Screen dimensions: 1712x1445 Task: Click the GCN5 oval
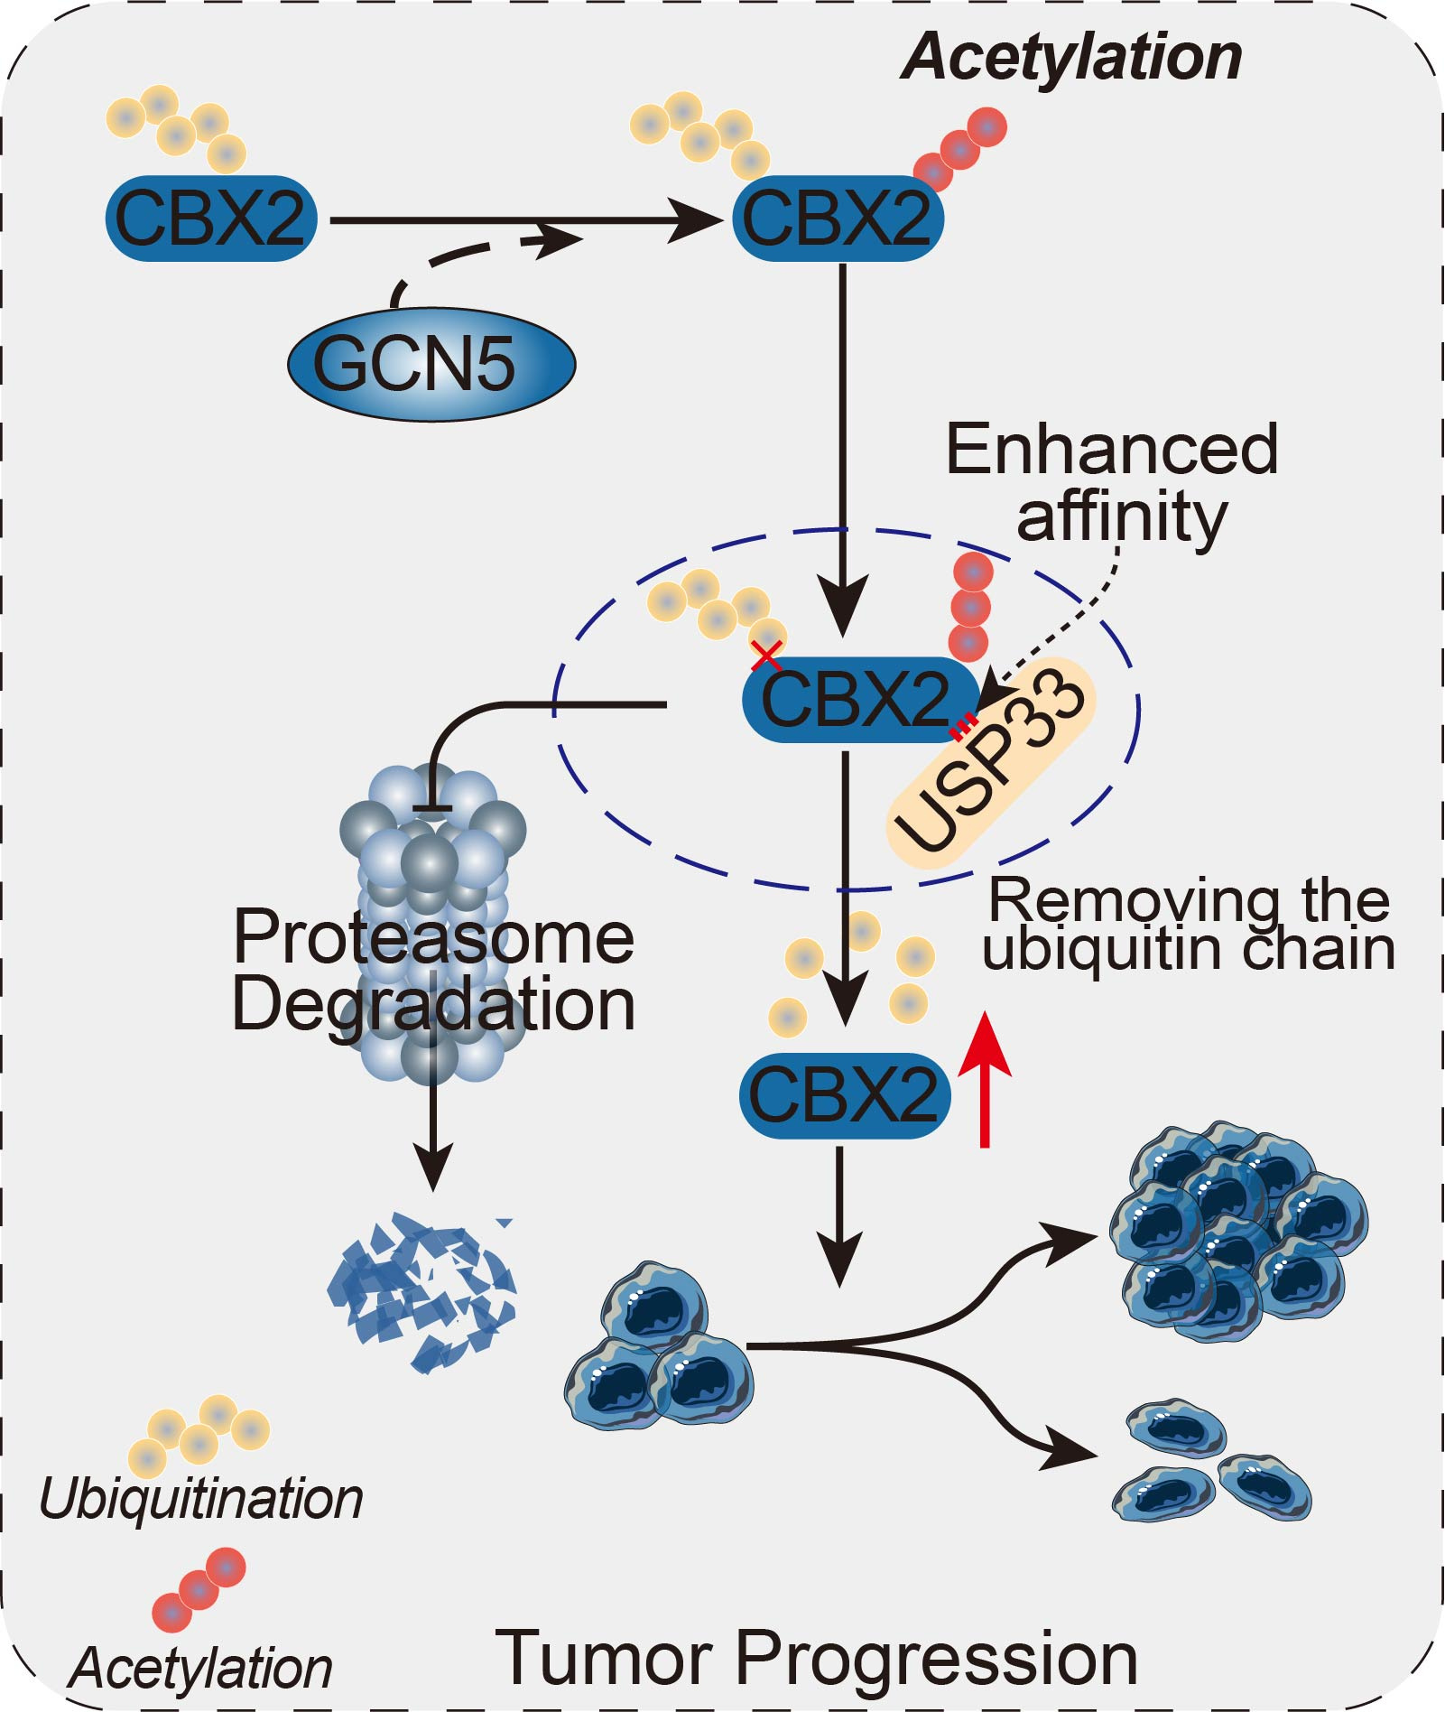(431, 364)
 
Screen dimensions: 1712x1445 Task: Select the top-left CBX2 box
(211, 219)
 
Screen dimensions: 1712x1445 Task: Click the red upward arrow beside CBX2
(985, 1079)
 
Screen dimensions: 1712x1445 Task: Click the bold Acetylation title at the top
(1071, 58)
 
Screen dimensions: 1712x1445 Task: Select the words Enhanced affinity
(1113, 483)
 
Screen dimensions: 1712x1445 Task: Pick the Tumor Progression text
(816, 1658)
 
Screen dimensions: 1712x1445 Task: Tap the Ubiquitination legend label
(200, 1500)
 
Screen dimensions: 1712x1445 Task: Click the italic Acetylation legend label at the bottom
(200, 1668)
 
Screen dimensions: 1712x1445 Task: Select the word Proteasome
(433, 938)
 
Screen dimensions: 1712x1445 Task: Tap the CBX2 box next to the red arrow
(844, 1094)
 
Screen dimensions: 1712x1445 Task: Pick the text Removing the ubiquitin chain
(1189, 925)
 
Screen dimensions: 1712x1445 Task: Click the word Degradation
(433, 1004)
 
